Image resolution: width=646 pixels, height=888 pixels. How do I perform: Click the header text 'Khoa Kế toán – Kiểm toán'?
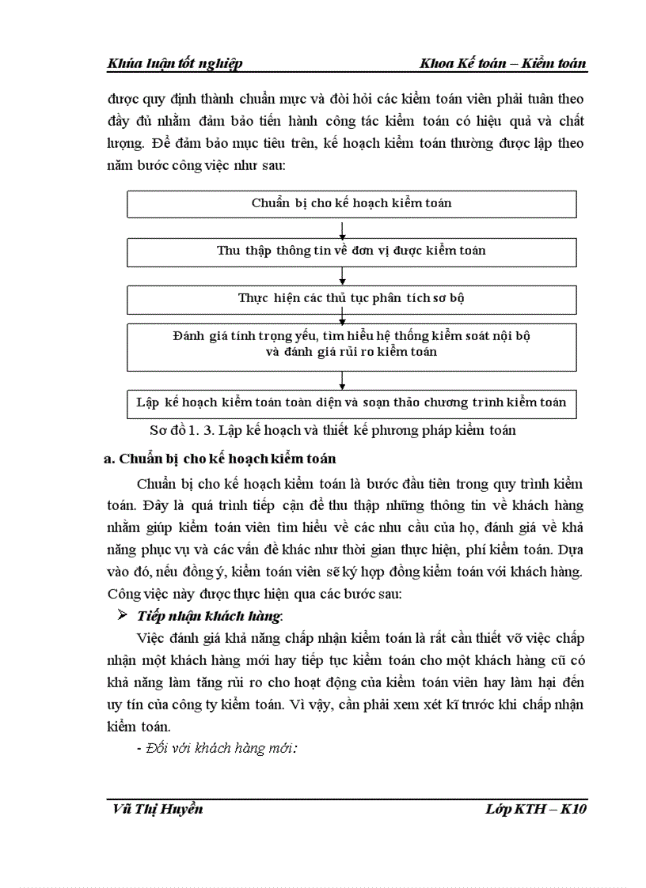pos(504,64)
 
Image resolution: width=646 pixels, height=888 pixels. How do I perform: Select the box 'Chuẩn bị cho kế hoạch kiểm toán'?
pos(351,203)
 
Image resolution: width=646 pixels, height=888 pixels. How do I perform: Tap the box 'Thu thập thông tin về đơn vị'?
pos(351,251)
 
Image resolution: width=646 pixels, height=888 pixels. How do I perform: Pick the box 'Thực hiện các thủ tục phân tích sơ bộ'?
pos(351,298)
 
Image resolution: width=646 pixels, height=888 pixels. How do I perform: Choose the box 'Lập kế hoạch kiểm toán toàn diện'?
pos(351,402)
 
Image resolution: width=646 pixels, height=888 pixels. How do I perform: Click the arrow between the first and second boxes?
pos(343,229)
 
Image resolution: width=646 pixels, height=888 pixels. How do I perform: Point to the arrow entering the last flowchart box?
pos(343,380)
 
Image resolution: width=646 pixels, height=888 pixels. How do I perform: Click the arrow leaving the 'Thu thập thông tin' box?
pos(343,275)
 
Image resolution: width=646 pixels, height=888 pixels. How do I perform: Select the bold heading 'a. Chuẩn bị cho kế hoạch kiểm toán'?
pos(220,459)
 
